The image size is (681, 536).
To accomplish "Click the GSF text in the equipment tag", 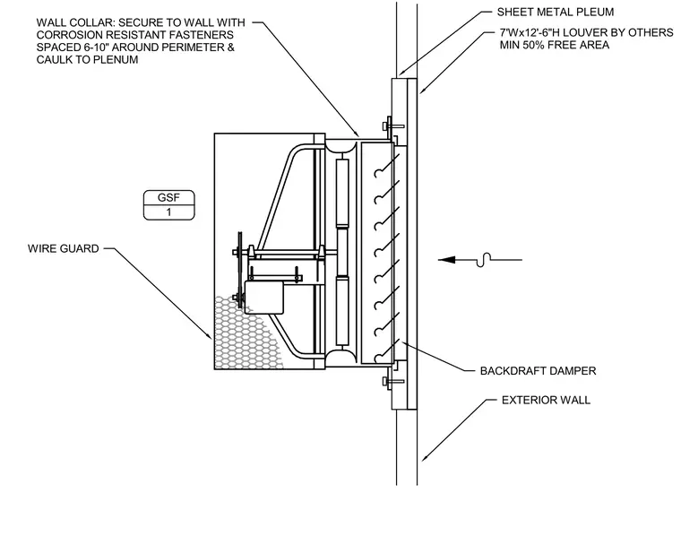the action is [x=168, y=197].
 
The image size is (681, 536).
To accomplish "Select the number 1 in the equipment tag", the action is [x=169, y=212].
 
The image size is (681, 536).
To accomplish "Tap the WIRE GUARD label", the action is [x=64, y=248].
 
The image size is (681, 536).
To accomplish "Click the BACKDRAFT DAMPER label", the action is [x=539, y=371].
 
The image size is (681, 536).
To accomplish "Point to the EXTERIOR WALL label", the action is [x=546, y=400].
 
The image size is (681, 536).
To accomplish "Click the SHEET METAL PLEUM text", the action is [x=556, y=12].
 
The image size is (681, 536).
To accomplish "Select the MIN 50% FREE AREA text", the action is [x=554, y=45].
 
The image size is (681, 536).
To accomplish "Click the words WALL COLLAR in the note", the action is [x=75, y=22].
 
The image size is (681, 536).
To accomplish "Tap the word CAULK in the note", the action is [x=55, y=59].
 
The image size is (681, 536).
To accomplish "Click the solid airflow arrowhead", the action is [x=447, y=260].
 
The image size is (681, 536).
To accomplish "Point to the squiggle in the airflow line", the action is [x=483, y=260].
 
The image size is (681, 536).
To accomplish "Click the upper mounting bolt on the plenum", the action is [x=393, y=126].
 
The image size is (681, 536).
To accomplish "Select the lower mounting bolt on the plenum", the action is [x=393, y=381].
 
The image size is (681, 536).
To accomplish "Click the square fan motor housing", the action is [x=263, y=297].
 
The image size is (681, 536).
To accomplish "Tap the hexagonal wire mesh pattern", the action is [x=246, y=333].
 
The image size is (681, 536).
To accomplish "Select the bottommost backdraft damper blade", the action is [x=387, y=350].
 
